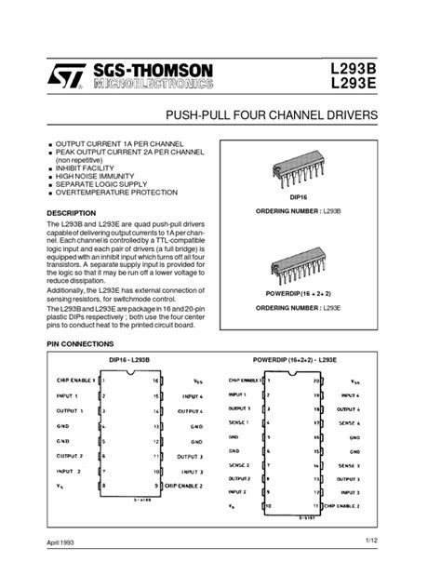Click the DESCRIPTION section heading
(72, 213)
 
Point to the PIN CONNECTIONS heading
(80, 343)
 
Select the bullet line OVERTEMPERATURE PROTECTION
(115, 192)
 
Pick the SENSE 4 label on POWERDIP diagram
(349, 422)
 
